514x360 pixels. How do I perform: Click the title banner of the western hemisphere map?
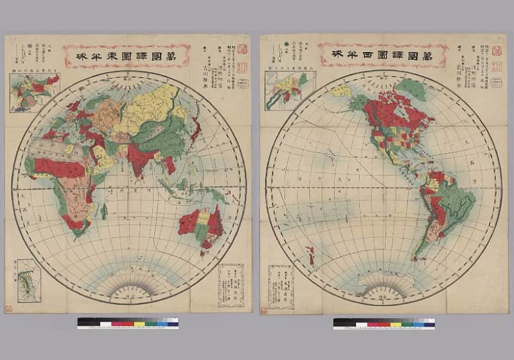(383, 56)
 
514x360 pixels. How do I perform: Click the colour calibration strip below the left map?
(128, 322)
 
